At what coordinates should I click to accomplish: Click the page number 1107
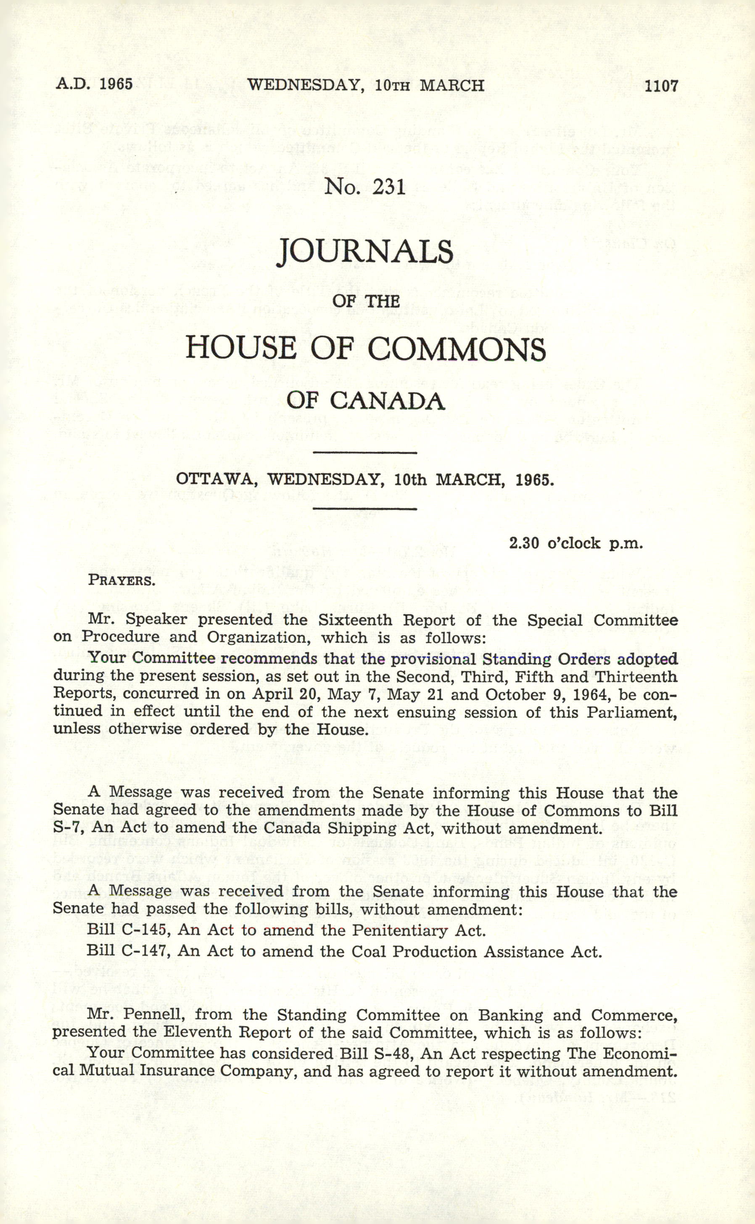click(x=661, y=86)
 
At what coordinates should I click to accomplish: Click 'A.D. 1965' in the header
click(x=94, y=83)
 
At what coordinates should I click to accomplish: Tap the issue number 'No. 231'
click(x=365, y=187)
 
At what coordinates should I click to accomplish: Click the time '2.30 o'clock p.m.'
click(x=576, y=543)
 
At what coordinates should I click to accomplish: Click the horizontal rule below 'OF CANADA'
click(x=364, y=453)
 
